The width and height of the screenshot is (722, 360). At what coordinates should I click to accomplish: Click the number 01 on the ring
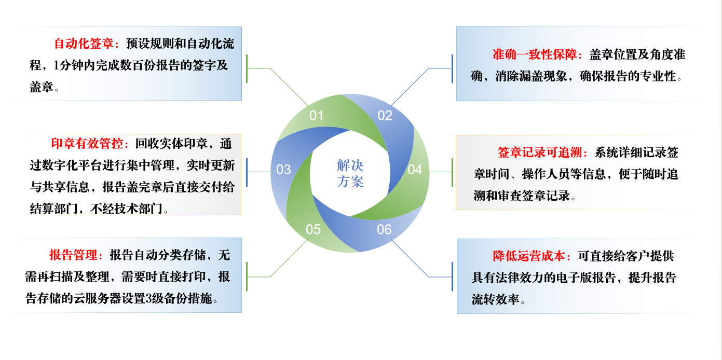pyautogui.click(x=317, y=115)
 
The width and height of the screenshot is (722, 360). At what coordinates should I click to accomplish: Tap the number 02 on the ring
pyautogui.click(x=385, y=115)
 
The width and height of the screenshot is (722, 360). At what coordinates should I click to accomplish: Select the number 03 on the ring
pyautogui.click(x=283, y=170)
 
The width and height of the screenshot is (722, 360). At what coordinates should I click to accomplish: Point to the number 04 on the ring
pyautogui.click(x=415, y=170)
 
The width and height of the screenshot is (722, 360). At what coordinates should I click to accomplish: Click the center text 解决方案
pyautogui.click(x=350, y=174)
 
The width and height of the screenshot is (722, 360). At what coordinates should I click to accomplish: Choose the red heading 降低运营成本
pyautogui.click(x=532, y=256)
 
